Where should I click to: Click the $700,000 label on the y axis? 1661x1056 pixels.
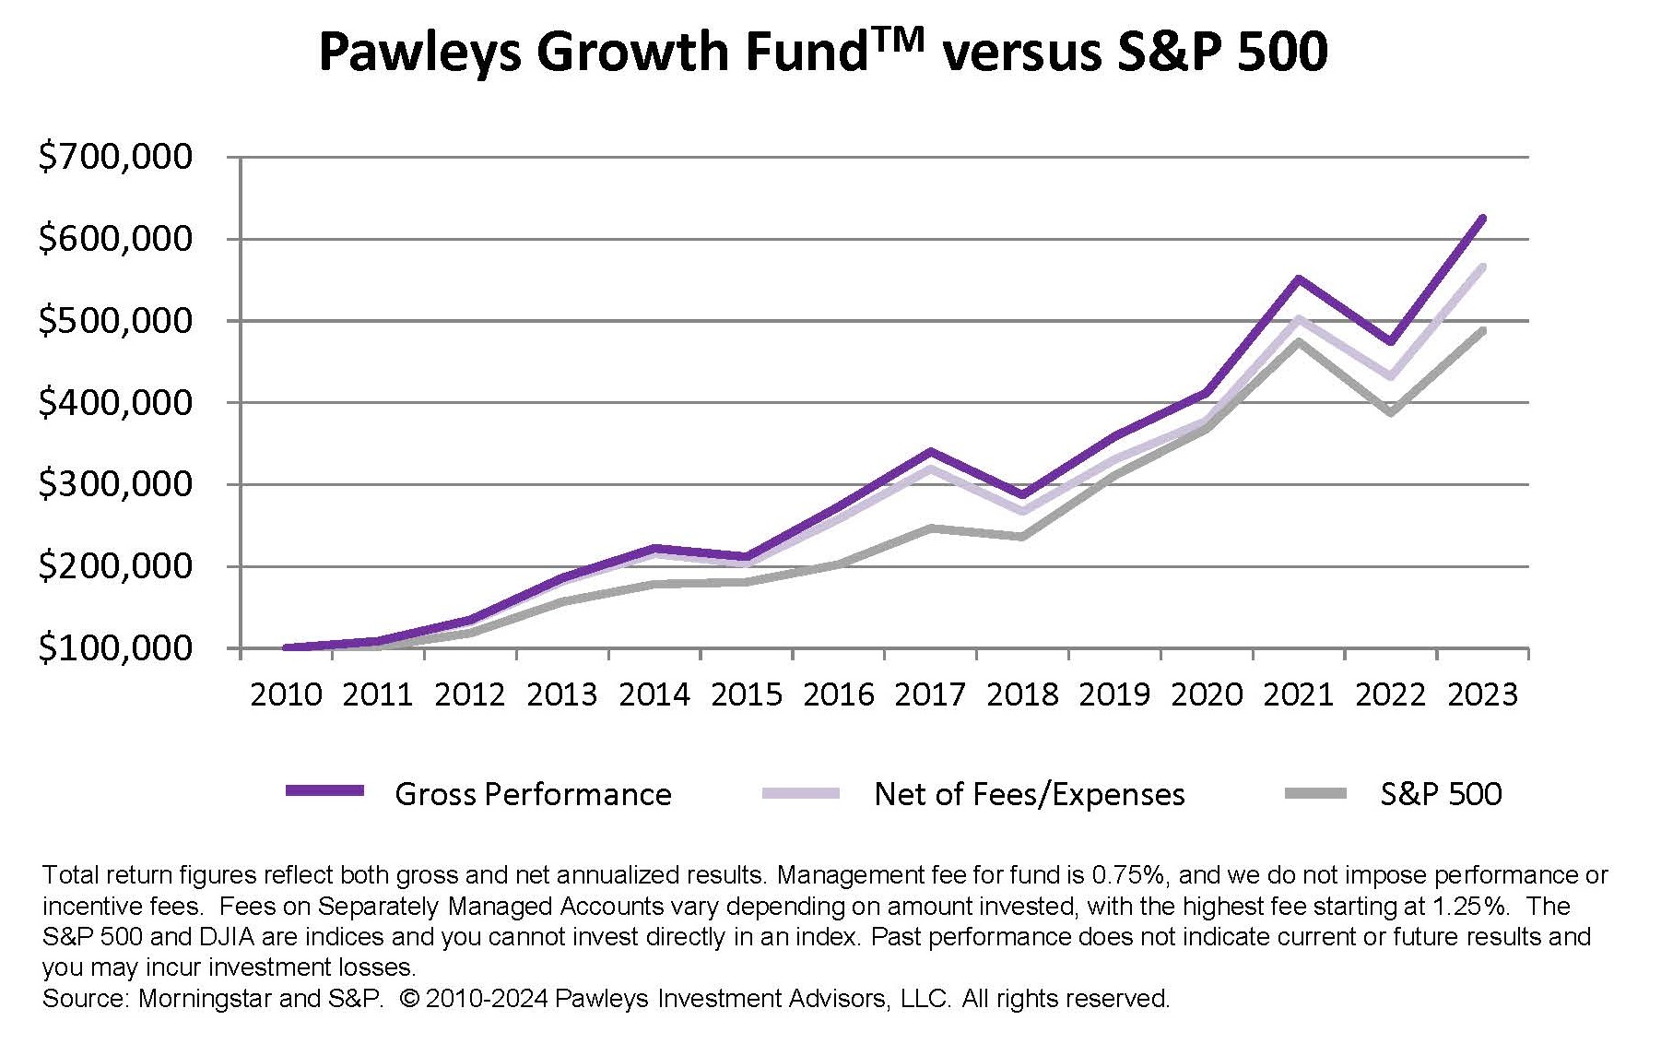(x=115, y=157)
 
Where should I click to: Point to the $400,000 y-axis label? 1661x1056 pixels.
(x=115, y=403)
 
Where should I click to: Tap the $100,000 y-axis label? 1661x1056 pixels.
(x=115, y=648)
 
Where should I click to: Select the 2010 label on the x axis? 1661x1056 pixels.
(x=286, y=694)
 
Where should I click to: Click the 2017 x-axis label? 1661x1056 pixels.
(x=930, y=694)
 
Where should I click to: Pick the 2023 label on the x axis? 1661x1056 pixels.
(x=1482, y=694)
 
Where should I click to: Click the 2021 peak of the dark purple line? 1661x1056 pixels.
(x=1298, y=279)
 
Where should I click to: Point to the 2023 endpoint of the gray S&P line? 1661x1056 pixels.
(x=1482, y=330)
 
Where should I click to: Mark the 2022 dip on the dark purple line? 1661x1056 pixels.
(x=1390, y=342)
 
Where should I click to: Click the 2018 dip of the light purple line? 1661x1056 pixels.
(x=1022, y=511)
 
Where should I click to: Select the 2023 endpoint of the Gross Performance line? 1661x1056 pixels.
(x=1482, y=219)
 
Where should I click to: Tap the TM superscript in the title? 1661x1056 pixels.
(x=895, y=40)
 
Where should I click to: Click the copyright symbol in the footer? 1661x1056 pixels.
(x=410, y=999)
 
